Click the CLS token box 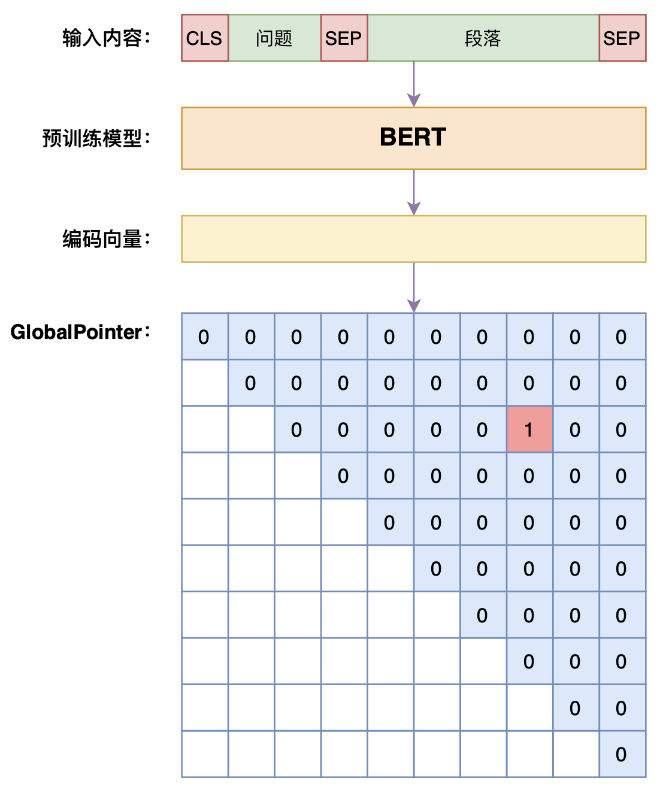pyautogui.click(x=205, y=38)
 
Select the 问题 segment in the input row pyautogui.click(x=274, y=38)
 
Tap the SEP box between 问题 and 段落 pyautogui.click(x=344, y=38)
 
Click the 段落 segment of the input pyautogui.click(x=483, y=38)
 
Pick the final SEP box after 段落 pyautogui.click(x=622, y=38)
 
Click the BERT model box pyautogui.click(x=413, y=138)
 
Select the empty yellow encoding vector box pyautogui.click(x=413, y=239)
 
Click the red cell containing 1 pyautogui.click(x=529, y=429)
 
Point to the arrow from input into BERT pyautogui.click(x=414, y=84)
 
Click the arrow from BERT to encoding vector pyautogui.click(x=414, y=192)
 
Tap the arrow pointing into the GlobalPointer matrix pyautogui.click(x=414, y=287)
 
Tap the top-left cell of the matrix pyautogui.click(x=205, y=337)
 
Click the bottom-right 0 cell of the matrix pyautogui.click(x=622, y=754)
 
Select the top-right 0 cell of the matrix pyautogui.click(x=622, y=337)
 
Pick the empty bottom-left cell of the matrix pyautogui.click(x=205, y=754)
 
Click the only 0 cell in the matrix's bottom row pyautogui.click(x=622, y=754)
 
